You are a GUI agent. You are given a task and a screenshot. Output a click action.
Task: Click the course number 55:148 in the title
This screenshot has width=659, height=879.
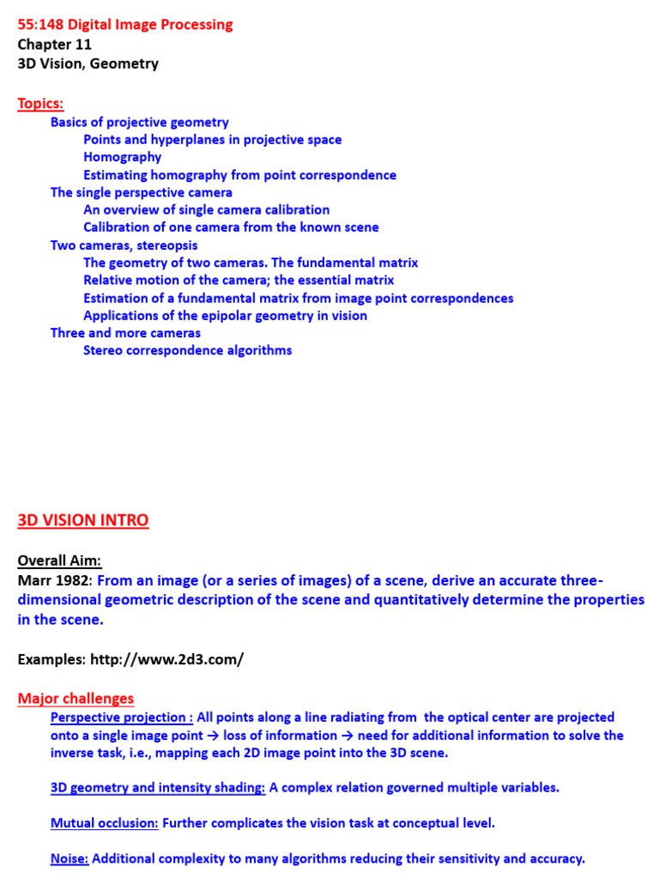pyautogui.click(x=40, y=25)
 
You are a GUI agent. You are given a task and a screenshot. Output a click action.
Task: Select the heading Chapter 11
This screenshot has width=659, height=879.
pyautogui.click(x=54, y=45)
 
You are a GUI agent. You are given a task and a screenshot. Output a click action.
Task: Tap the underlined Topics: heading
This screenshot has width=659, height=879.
pyautogui.click(x=40, y=104)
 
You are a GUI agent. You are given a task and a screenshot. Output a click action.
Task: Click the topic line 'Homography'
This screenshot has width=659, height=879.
pyautogui.click(x=122, y=157)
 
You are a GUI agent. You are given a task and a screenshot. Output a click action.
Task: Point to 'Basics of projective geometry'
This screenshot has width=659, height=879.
pyautogui.click(x=139, y=122)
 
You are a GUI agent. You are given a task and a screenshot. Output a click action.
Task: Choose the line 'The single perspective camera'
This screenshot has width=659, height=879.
pyautogui.click(x=141, y=192)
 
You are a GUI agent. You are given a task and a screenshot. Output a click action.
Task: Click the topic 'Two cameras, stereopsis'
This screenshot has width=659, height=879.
pyautogui.click(x=124, y=246)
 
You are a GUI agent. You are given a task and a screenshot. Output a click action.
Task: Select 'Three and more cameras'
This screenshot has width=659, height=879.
pyautogui.click(x=125, y=333)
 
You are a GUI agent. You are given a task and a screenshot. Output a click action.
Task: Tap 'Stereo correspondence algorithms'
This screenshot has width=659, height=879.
pyautogui.click(x=187, y=350)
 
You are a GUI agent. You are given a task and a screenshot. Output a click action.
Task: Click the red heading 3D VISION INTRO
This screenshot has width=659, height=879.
pyautogui.click(x=82, y=520)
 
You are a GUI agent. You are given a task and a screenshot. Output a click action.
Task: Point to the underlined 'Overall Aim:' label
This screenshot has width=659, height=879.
pyautogui.click(x=59, y=561)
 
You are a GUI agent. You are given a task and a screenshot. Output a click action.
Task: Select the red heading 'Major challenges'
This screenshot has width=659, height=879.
pyautogui.click(x=76, y=699)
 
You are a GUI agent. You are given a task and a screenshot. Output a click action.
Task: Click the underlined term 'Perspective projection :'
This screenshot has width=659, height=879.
pyautogui.click(x=121, y=718)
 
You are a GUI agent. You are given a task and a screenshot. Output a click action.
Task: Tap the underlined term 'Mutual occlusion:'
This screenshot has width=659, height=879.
pyautogui.click(x=104, y=823)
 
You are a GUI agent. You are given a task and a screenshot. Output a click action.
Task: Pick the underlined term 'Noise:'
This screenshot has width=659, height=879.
pyautogui.click(x=69, y=858)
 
